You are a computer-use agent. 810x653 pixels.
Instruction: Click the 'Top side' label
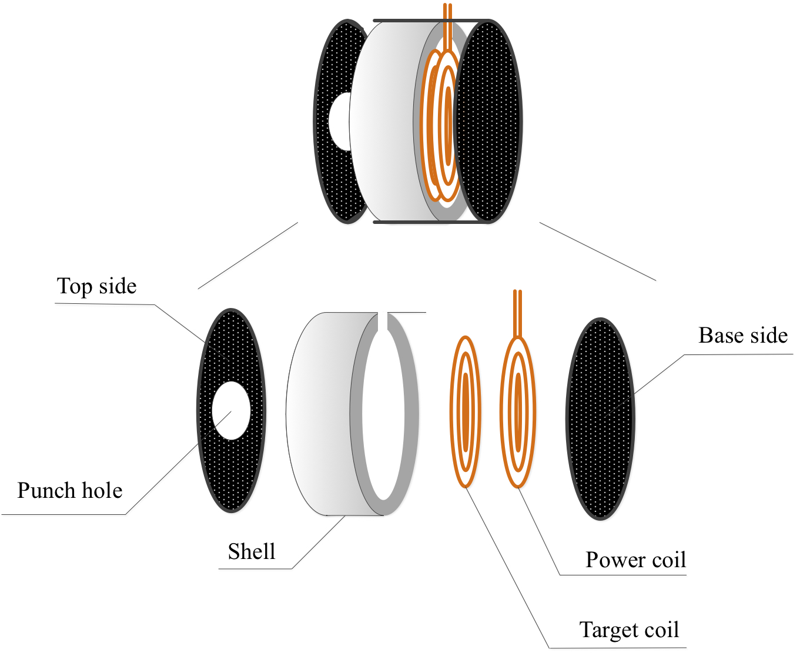(97, 287)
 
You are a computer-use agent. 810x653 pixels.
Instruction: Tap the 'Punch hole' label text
(70, 490)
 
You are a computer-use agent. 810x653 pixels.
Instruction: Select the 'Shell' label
(252, 552)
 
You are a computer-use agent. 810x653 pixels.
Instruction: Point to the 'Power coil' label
(635, 560)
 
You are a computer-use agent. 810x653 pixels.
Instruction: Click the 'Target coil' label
(629, 630)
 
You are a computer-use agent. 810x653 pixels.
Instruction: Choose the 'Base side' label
(743, 336)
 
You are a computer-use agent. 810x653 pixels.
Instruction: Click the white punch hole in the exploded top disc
(231, 410)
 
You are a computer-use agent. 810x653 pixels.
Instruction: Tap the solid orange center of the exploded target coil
(466, 411)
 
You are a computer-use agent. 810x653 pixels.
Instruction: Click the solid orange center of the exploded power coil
(518, 411)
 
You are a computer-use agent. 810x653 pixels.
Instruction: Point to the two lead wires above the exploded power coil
(517, 312)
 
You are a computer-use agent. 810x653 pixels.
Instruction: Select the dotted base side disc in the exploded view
(600, 418)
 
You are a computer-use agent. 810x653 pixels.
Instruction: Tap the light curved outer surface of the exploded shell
(317, 411)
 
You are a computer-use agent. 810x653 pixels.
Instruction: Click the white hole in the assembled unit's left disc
(340, 122)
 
